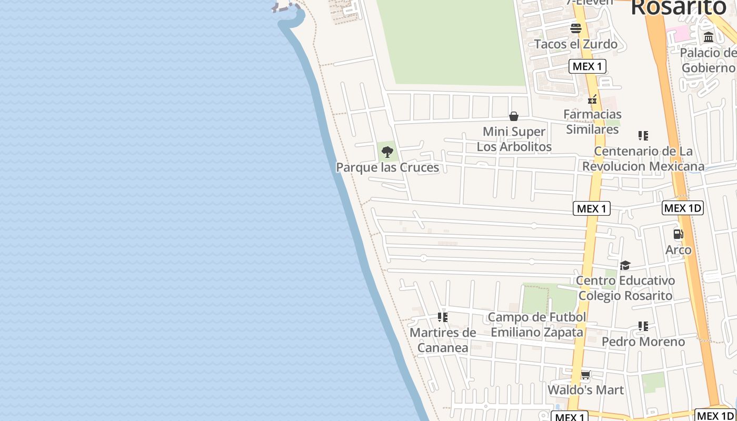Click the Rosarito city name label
pos(678,7)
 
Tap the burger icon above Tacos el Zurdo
pos(575,28)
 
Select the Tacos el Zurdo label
pos(575,44)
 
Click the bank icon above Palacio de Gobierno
pos(709,37)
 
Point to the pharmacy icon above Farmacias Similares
pos(592,99)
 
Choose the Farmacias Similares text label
pos(592,122)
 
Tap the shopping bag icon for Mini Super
pos(514,116)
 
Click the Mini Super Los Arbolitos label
pos(514,139)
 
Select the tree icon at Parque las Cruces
pos(387,153)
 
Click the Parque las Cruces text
pos(387,167)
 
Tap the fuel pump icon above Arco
pos(678,234)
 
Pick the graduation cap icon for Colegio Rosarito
pos(625,265)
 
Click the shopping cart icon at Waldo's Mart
pos(585,375)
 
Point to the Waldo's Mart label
pos(585,390)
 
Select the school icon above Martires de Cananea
pos(443,317)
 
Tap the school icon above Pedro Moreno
pos(643,326)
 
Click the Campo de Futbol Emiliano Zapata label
pos(537,325)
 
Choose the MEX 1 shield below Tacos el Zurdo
pos(587,66)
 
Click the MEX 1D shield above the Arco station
pos(682,208)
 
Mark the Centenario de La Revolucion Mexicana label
pos(643,159)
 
